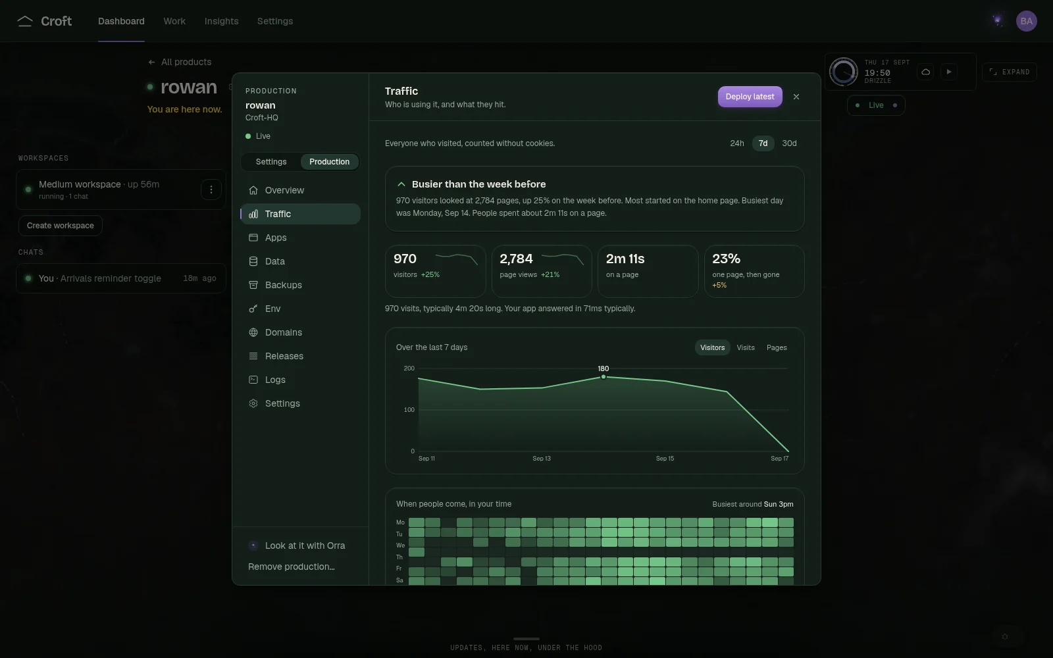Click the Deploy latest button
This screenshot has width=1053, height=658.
750,96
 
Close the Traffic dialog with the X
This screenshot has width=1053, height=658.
796,96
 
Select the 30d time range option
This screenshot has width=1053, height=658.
789,143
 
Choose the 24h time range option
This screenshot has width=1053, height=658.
736,143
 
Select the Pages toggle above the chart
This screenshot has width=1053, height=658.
777,347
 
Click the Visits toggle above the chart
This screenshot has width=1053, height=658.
746,347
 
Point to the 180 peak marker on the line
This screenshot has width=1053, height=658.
603,377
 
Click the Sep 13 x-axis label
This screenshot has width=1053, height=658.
542,458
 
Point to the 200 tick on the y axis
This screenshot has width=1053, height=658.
409,368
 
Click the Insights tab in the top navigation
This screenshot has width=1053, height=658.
221,21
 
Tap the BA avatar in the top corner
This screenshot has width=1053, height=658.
1026,21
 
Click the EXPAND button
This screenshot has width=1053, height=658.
1010,72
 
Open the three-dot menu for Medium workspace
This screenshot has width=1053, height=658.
211,190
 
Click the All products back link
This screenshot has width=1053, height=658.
180,62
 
